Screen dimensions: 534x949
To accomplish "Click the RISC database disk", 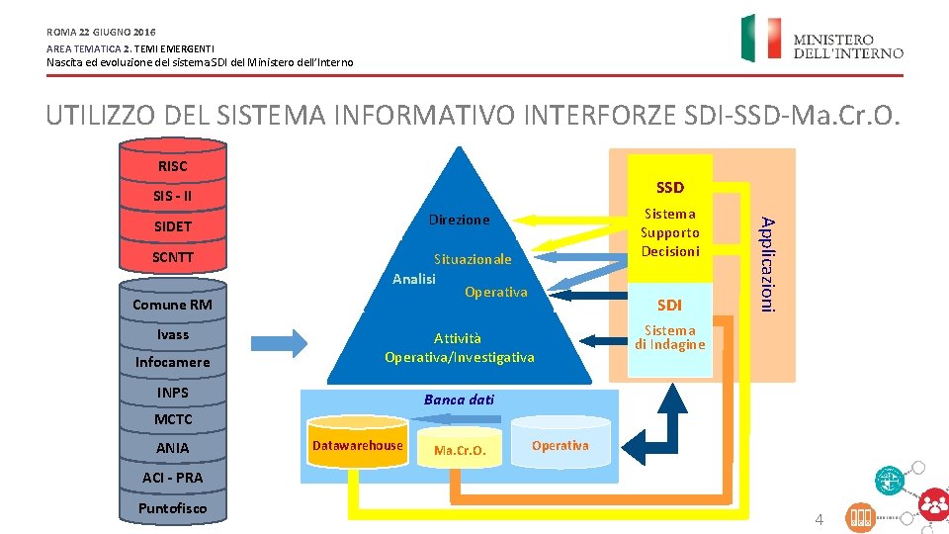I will (172, 165).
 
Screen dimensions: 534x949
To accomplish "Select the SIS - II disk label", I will (172, 196).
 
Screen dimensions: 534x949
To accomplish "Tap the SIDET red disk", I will (172, 227).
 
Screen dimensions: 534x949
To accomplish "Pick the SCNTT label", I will (172, 258).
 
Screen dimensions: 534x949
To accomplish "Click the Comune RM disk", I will (172, 305).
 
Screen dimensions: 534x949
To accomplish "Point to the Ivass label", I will (172, 334).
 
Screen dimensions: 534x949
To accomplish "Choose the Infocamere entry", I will (172, 362).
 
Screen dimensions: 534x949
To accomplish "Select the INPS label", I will (172, 393).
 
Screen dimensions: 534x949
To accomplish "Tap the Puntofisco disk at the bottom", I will (172, 508).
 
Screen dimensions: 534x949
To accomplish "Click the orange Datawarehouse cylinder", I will (357, 446).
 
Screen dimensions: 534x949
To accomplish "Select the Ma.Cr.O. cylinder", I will (460, 451).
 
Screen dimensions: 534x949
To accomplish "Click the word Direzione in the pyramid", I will (459, 220).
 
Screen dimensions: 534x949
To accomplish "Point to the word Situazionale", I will (473, 259).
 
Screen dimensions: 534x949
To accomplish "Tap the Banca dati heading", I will (459, 400).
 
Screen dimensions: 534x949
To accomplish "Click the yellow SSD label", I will (669, 187).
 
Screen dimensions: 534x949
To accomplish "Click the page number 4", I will (819, 519).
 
